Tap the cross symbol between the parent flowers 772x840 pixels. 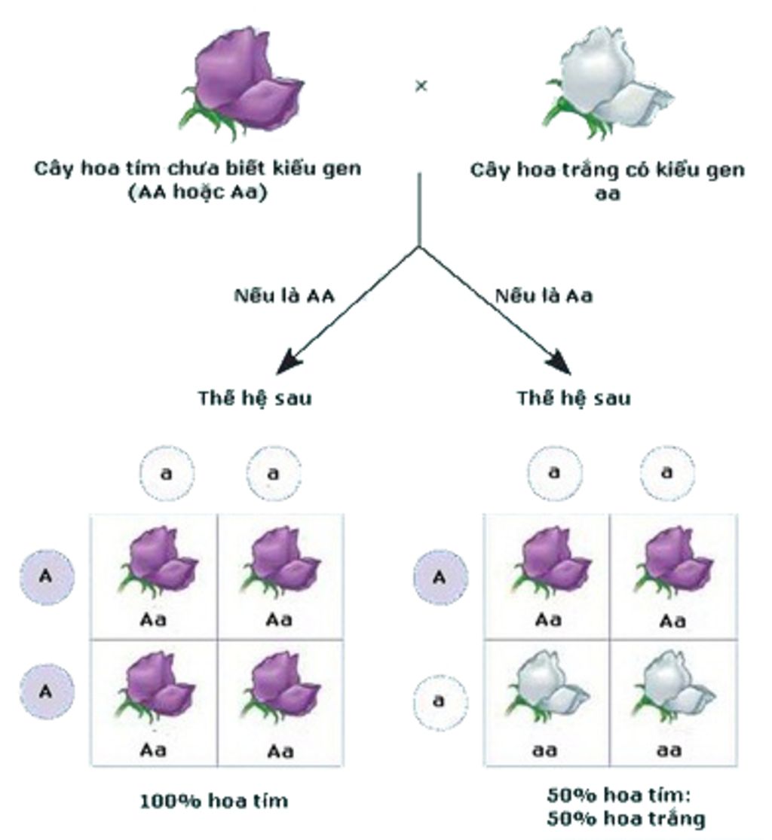pos(421,86)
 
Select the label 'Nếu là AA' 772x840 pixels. pos(283,296)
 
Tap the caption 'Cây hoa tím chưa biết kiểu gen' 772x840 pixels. pos(198,168)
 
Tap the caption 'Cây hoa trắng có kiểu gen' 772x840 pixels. pos(608,170)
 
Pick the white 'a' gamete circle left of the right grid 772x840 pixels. pos(439,701)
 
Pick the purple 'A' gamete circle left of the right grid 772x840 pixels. pos(440,578)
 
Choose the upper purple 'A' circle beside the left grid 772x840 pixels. pos(46,578)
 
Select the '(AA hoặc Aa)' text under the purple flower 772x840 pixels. pos(198,192)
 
